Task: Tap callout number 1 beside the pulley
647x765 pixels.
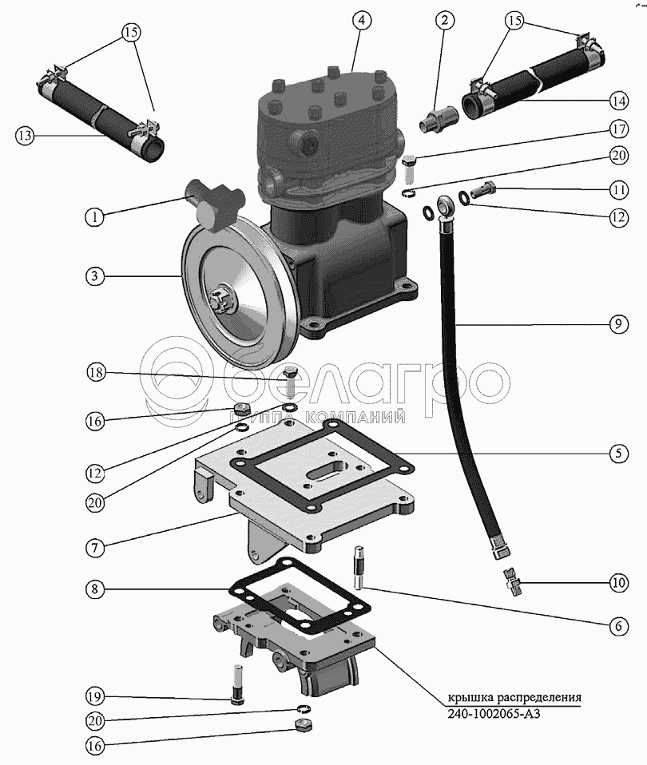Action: point(94,216)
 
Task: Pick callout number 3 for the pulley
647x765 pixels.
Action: point(94,276)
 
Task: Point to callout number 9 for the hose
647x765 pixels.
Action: point(617,325)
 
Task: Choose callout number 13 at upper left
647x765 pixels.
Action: point(25,136)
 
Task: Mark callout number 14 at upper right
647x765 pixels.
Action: point(617,101)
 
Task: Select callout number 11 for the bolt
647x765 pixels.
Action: point(617,190)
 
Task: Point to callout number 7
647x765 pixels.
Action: point(94,548)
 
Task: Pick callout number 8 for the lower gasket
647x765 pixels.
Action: point(94,591)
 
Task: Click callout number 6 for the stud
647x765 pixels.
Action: point(617,627)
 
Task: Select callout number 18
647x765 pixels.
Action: point(94,374)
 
